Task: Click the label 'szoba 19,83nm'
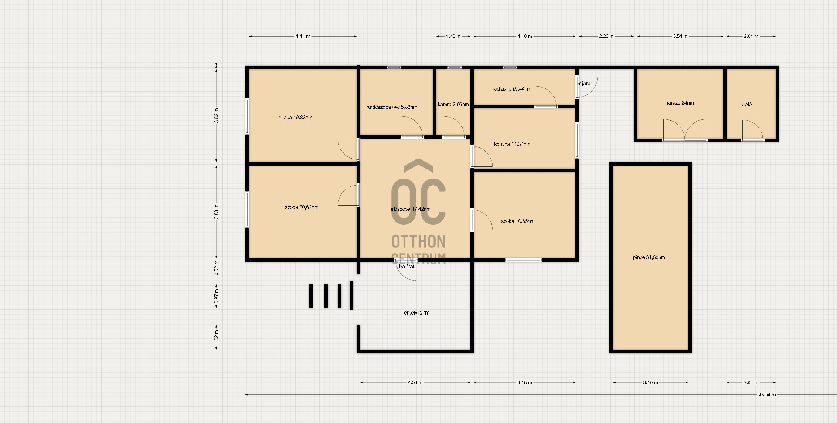point(296,118)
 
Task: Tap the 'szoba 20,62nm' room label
point(302,207)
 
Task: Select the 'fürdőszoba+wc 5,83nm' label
point(392,107)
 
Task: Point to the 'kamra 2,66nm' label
point(453,105)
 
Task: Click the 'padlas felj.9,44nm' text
point(511,89)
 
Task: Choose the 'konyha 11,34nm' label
point(512,144)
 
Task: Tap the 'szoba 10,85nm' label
point(518,221)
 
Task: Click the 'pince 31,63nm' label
point(649,257)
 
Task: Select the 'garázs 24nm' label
point(680,103)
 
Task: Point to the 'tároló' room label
point(745,105)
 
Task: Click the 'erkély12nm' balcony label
point(417,313)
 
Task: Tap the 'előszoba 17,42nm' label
point(411,209)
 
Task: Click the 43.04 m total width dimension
point(767,395)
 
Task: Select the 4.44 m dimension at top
point(303,37)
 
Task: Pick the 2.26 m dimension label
point(606,37)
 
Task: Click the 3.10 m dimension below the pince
point(650,382)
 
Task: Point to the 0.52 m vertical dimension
point(217,268)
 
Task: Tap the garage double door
point(685,130)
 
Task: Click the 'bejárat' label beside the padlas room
point(584,84)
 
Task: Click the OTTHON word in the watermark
point(418,241)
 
